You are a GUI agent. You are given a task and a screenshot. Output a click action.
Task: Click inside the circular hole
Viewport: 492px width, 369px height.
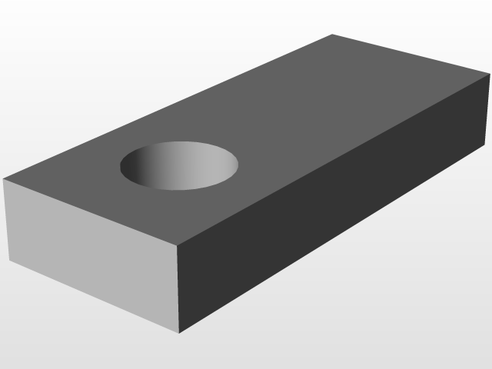pyautogui.click(x=179, y=166)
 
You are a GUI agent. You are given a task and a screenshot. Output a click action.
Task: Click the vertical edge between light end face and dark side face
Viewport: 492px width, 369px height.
pyautogui.click(x=178, y=288)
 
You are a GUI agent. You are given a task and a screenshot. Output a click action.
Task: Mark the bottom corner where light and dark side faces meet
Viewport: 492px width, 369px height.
pyautogui.click(x=179, y=333)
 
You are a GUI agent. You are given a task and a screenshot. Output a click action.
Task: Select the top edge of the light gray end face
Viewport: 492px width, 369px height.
pyautogui.click(x=90, y=211)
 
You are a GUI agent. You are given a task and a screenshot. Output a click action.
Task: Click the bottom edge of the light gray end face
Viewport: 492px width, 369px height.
pyautogui.click(x=94, y=297)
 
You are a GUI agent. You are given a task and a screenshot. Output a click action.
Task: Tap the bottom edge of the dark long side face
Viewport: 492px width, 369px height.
pyautogui.click(x=334, y=247)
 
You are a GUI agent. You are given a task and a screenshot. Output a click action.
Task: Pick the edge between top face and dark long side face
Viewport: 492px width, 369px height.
pyautogui.click(x=334, y=159)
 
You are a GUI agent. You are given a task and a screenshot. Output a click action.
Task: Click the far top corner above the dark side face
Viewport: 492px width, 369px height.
pyautogui.click(x=490, y=74)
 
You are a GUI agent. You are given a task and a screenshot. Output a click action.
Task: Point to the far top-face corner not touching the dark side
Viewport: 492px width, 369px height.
pyautogui.click(x=332, y=35)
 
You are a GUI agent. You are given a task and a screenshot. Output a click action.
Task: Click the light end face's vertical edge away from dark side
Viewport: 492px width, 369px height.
pyautogui.click(x=6, y=220)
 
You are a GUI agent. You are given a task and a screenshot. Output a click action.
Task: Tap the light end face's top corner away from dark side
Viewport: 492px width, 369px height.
pyautogui.click(x=4, y=180)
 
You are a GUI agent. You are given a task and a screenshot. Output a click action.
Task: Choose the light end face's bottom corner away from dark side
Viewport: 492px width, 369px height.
pyautogui.click(x=9, y=261)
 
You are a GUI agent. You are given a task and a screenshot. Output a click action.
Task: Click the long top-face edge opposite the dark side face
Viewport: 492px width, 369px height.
pyautogui.click(x=168, y=108)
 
